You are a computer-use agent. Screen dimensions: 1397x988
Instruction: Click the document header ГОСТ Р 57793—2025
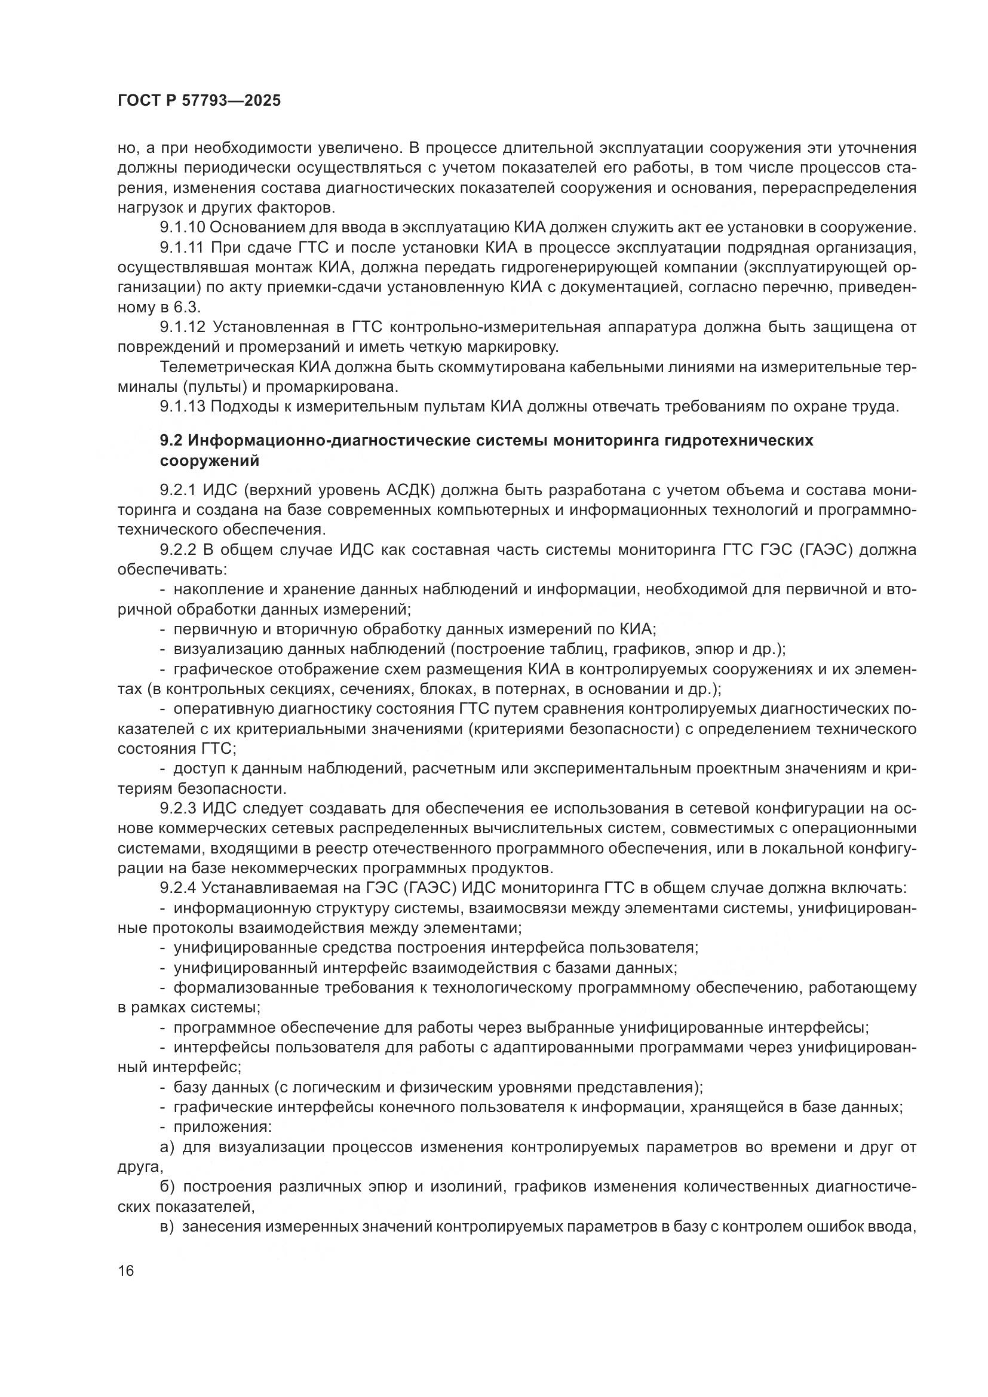[199, 101]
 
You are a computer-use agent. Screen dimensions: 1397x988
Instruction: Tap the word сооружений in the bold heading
[209, 461]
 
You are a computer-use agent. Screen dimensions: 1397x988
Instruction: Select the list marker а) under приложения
[167, 1147]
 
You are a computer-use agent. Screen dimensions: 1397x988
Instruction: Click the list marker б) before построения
[167, 1187]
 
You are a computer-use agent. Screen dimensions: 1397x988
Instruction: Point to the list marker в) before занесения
[167, 1227]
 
